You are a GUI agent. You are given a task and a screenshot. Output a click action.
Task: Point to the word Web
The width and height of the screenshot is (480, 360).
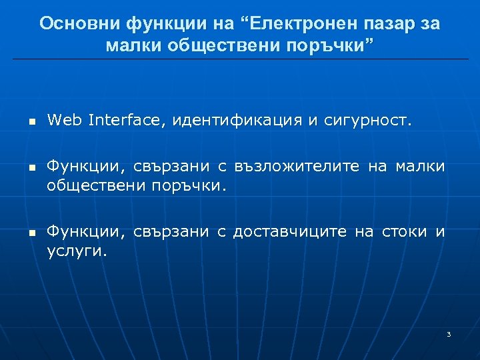point(64,121)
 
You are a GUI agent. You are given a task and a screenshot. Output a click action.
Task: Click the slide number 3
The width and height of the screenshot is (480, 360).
point(449,333)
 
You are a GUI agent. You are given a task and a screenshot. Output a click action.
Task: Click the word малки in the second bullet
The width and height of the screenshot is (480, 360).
point(420,167)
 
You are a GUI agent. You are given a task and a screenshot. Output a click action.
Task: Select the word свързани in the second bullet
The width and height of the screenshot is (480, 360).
point(171,167)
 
